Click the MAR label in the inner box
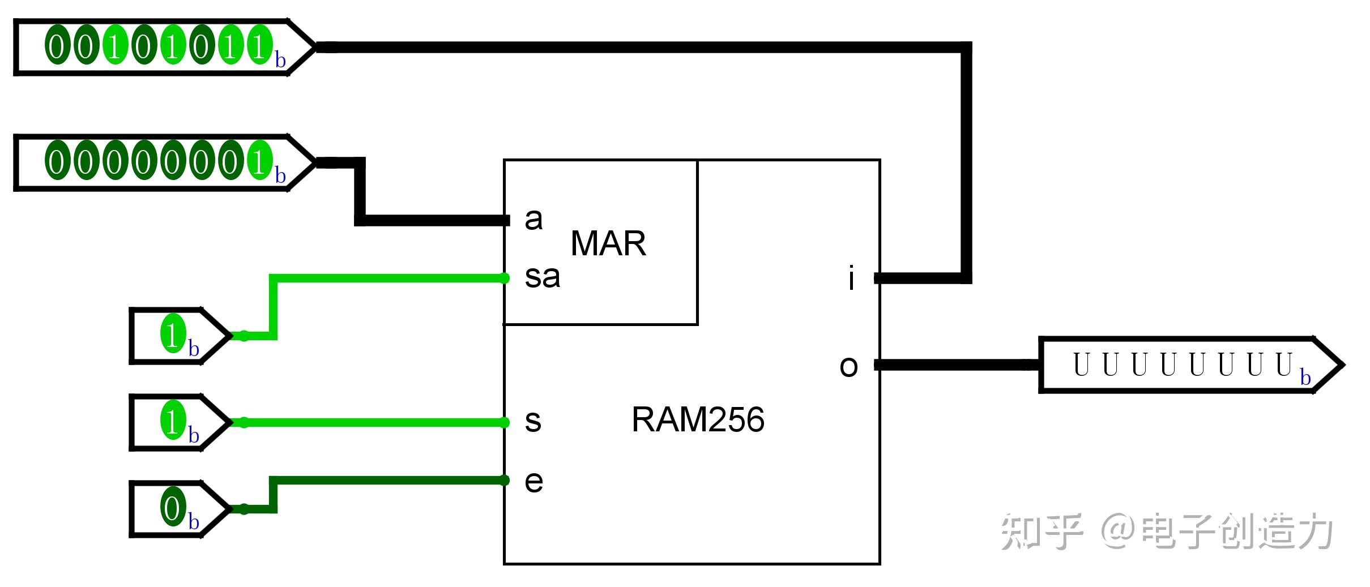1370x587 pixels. tap(608, 243)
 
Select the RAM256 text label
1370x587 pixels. tap(698, 419)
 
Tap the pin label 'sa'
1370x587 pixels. tap(542, 277)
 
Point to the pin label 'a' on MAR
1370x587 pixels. tap(534, 220)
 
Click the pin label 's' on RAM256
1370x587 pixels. tap(533, 422)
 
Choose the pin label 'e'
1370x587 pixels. tap(534, 482)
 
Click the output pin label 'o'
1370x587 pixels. tap(848, 366)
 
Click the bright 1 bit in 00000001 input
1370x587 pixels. tap(259, 162)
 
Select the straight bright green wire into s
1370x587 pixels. tap(374, 422)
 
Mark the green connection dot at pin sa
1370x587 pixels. tap(504, 278)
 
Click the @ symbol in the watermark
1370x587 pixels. tap(1119, 532)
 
